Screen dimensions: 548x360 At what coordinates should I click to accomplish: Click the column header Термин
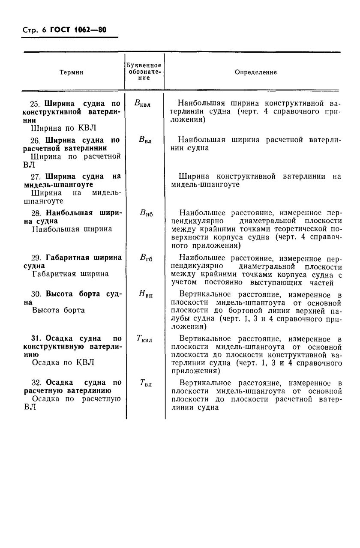[71, 72]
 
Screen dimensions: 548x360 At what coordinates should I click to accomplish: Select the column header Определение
[255, 72]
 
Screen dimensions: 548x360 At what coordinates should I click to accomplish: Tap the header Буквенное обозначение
[144, 72]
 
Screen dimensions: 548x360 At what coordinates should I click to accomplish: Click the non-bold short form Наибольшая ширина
[72, 229]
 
